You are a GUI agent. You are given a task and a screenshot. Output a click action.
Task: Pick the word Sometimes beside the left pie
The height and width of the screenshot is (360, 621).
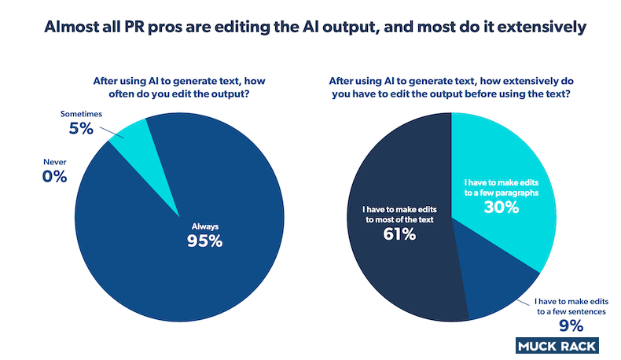click(83, 114)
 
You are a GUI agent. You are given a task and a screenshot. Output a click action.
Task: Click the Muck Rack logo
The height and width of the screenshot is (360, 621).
click(557, 345)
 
